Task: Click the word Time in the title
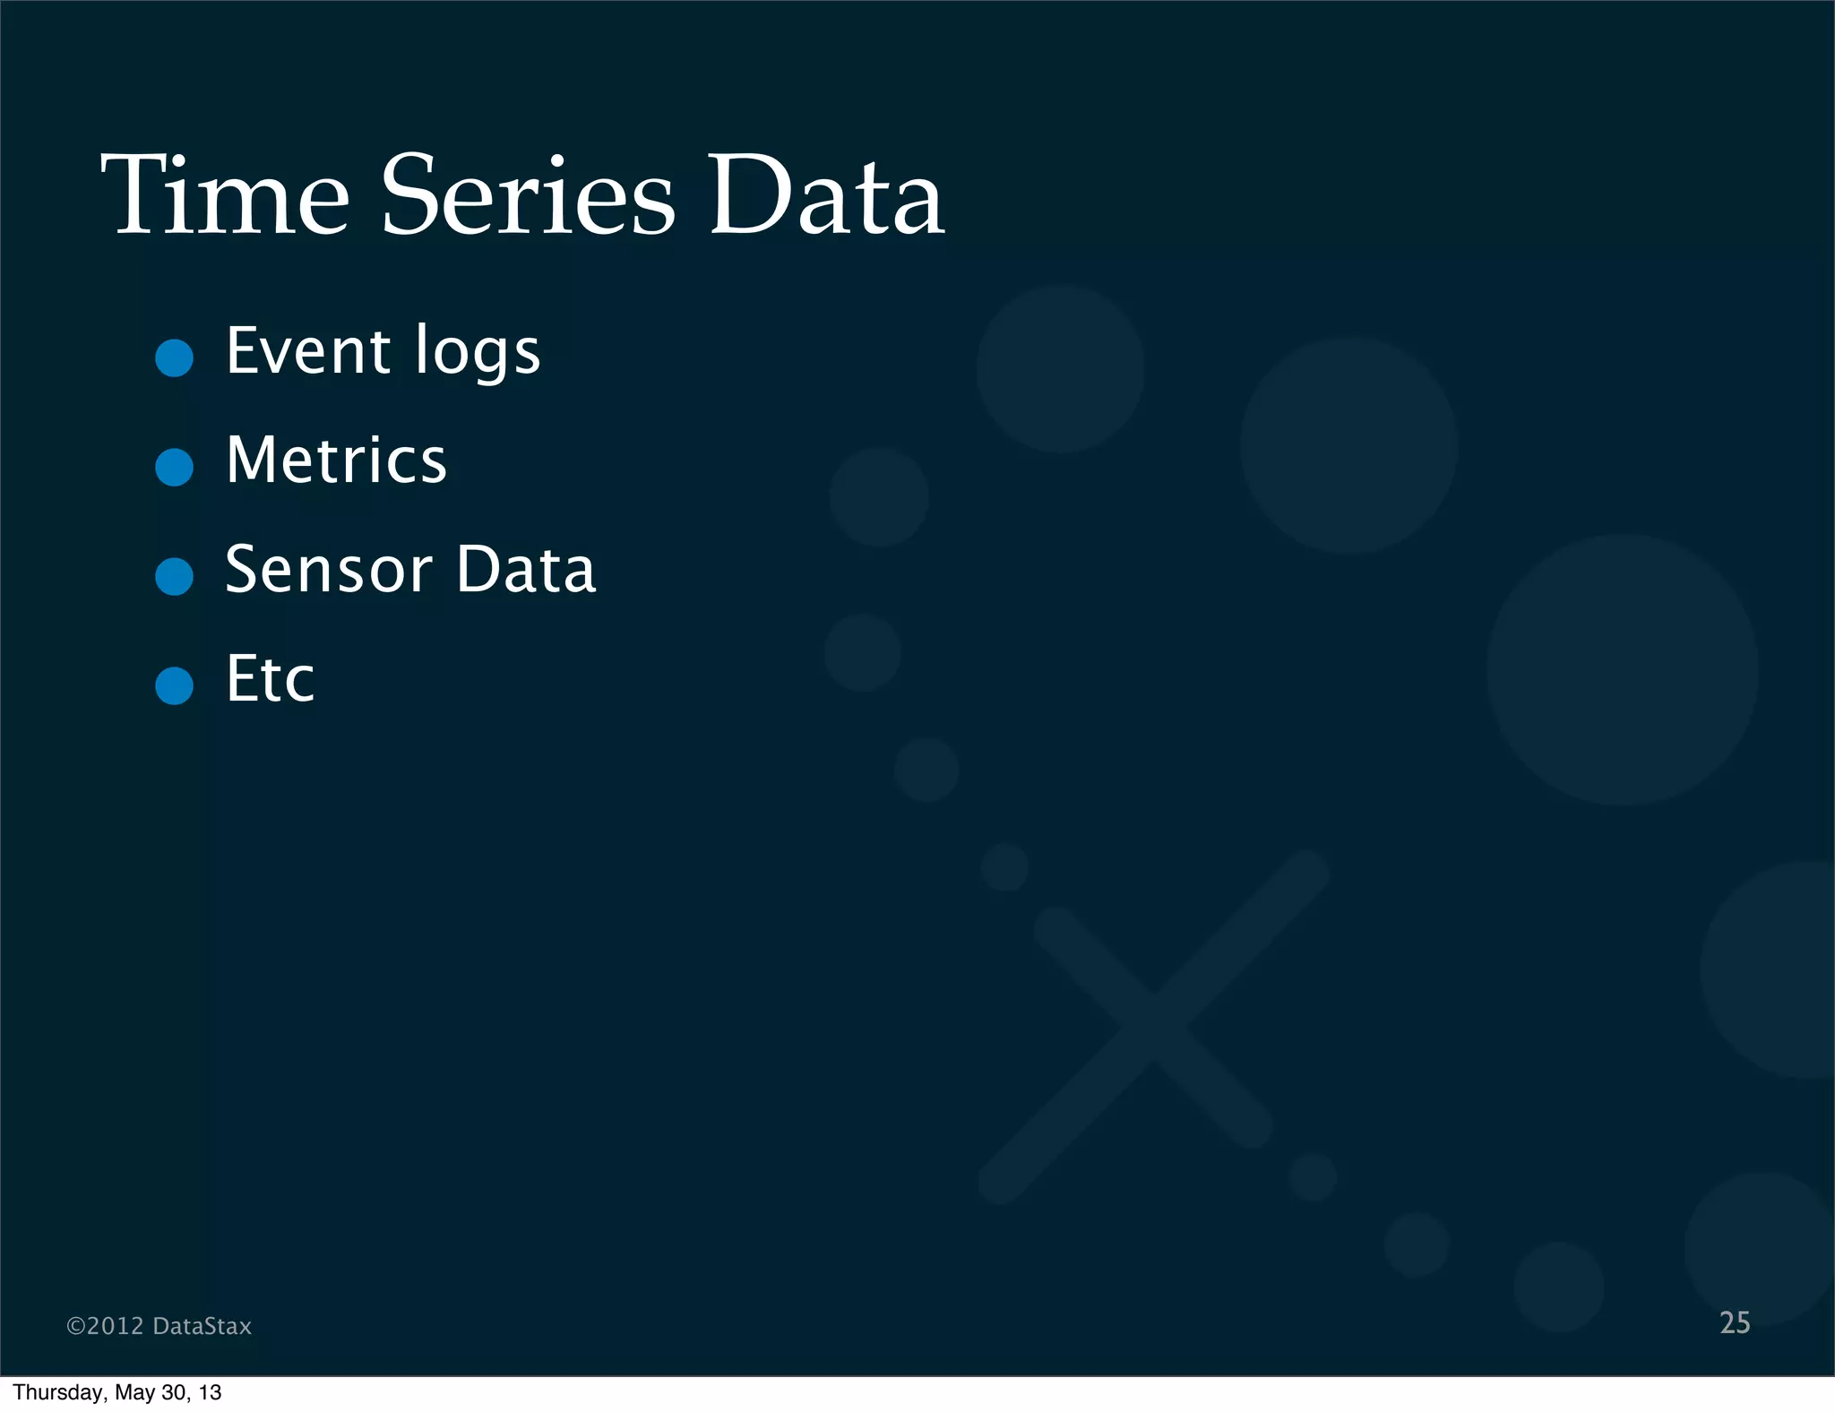point(225,195)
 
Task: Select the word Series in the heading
point(528,195)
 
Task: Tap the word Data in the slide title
point(825,195)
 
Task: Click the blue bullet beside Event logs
point(174,357)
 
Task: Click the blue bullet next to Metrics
point(174,467)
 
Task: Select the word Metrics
point(336,461)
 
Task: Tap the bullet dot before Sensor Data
point(174,576)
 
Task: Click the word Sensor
point(329,570)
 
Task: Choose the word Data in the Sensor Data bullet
point(526,570)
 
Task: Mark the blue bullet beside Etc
point(174,685)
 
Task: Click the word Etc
point(270,679)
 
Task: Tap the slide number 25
point(1735,1323)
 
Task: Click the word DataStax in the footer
point(202,1326)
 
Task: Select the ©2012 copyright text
point(105,1326)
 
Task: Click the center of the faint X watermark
point(1153,1026)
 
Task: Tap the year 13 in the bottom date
point(211,1392)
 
